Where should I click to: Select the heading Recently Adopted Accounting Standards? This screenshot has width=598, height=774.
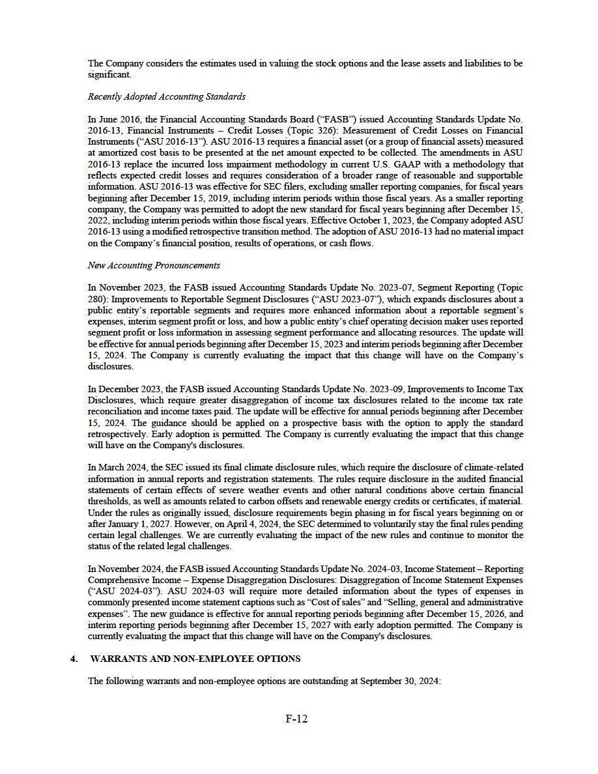pos(167,96)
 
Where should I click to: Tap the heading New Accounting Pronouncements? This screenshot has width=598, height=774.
pos(154,265)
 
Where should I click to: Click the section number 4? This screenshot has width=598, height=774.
pos(74,659)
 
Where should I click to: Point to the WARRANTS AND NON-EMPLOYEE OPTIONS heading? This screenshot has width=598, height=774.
pos(195,659)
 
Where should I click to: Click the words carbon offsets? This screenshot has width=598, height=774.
pos(239,502)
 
